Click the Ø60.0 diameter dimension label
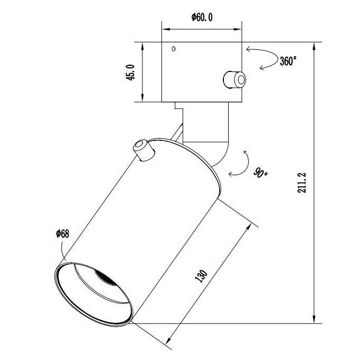pyautogui.click(x=202, y=17)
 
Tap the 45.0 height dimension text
pyautogui.click(x=131, y=73)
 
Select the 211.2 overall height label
pyautogui.click(x=302, y=183)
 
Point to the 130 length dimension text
pyautogui.click(x=201, y=276)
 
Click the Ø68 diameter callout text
pyautogui.click(x=62, y=233)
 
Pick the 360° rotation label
pyautogui.click(x=288, y=61)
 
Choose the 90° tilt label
pyautogui.click(x=260, y=173)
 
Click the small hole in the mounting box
pyautogui.click(x=174, y=49)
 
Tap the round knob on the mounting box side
pyautogui.click(x=235, y=79)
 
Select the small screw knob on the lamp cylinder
pyautogui.click(x=143, y=150)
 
